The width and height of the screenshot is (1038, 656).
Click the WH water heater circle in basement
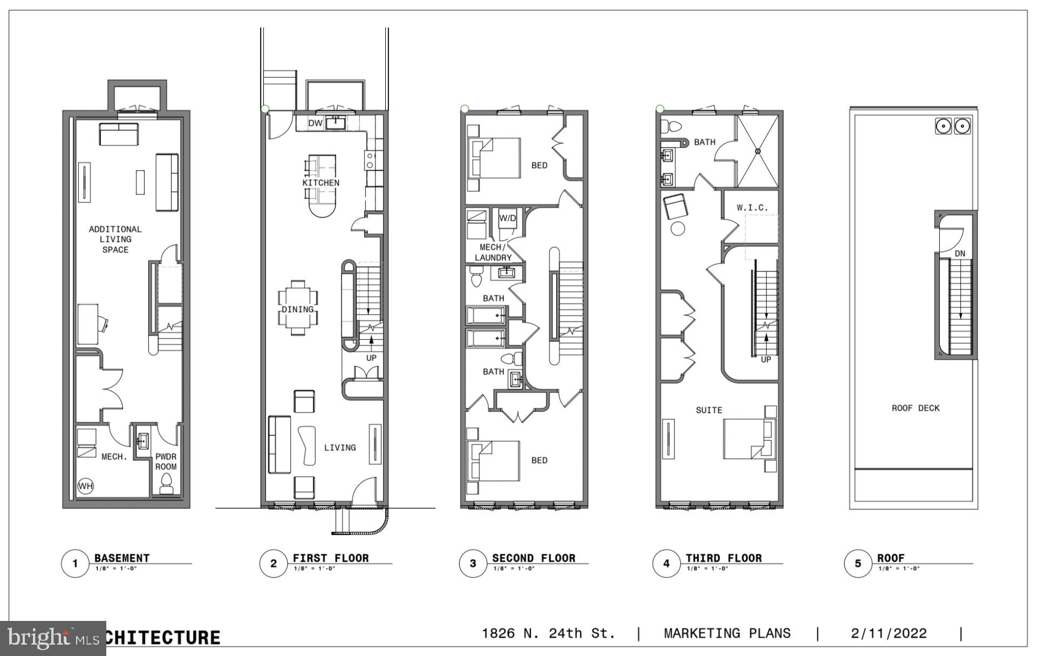point(85,486)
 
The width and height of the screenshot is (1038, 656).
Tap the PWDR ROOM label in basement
point(166,462)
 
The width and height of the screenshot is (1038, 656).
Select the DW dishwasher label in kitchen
point(315,124)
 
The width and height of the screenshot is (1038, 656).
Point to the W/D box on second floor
point(507,218)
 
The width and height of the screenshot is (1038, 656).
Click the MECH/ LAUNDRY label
point(493,252)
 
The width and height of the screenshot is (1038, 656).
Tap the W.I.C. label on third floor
point(752,208)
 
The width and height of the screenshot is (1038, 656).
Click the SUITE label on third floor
point(708,411)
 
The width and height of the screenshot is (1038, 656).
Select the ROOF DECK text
point(915,408)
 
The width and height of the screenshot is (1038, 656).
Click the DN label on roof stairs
point(960,254)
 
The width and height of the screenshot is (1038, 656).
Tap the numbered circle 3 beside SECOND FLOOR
point(473,564)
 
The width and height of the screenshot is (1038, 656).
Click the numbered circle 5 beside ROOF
point(858,564)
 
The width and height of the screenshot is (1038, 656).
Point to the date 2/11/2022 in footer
point(889,633)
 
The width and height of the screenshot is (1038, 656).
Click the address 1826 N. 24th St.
point(548,633)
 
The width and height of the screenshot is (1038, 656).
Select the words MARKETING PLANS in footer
point(727,633)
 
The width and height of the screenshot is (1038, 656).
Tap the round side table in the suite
point(678,229)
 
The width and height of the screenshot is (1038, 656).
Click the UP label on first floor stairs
point(371,358)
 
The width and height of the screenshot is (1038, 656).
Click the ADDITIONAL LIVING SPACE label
point(115,239)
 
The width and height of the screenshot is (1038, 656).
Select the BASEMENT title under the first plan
point(122,558)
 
